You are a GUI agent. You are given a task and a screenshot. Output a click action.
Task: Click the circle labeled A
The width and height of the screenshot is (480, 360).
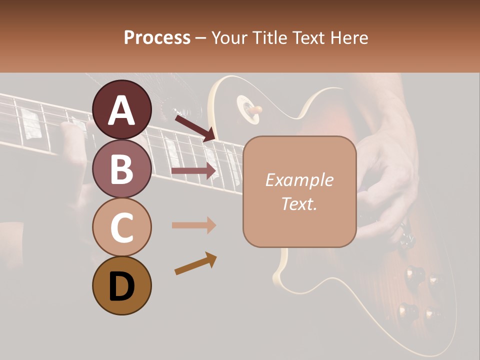tap(122, 109)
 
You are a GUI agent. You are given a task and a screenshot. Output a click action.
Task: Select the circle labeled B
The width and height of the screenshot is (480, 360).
tap(122, 168)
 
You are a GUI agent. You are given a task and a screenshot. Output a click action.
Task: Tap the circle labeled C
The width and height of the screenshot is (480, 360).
tap(122, 227)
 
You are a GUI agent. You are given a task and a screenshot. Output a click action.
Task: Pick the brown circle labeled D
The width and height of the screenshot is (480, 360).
tap(122, 286)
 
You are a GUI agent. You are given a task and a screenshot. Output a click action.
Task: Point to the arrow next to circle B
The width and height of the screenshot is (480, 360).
tap(194, 171)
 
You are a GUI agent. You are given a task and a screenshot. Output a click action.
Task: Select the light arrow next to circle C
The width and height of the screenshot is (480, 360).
tap(194, 225)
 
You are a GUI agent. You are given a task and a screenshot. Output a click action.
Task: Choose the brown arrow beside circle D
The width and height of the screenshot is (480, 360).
tap(195, 263)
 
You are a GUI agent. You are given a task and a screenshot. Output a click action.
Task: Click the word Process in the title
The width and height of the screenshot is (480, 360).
tap(157, 37)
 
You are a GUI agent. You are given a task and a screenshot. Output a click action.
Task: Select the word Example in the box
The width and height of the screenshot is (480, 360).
tap(299, 180)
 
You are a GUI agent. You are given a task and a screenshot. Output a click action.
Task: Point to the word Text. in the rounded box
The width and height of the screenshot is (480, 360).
tap(299, 203)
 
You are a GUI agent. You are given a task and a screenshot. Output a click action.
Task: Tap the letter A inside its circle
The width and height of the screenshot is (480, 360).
tap(122, 110)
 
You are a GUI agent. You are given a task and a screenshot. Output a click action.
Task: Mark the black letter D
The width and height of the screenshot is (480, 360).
tap(122, 286)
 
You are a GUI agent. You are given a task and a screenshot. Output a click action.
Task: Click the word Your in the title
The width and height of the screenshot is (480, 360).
tap(229, 37)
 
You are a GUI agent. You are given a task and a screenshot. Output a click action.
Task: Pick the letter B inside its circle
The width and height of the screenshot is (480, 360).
tap(122, 169)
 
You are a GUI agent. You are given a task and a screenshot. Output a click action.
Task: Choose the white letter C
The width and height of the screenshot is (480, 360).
tap(122, 228)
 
